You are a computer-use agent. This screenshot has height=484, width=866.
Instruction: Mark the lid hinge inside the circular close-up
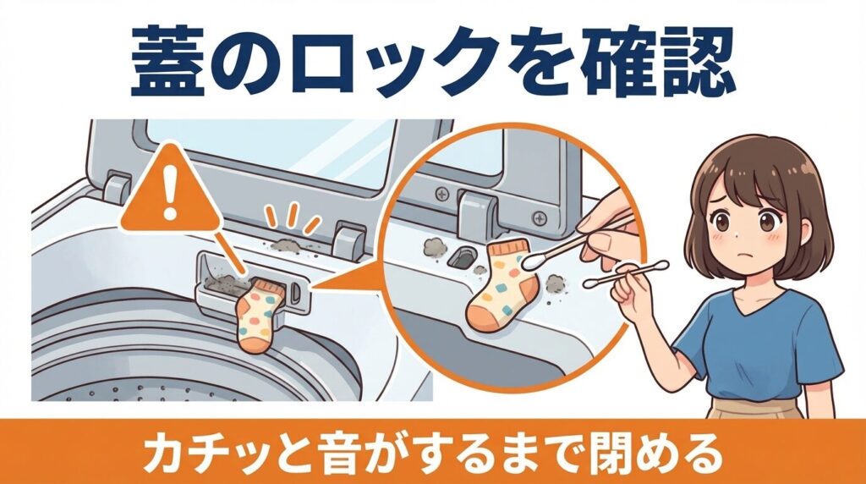(477, 208)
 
